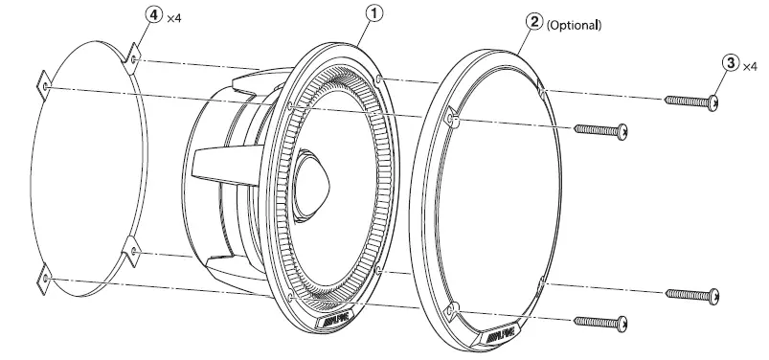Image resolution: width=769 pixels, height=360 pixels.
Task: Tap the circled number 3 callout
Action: point(731,64)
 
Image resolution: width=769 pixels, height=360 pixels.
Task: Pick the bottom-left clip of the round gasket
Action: point(44,280)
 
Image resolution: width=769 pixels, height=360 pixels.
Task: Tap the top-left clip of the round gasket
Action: point(43,85)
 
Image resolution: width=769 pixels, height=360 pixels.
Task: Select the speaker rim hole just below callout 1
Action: point(380,77)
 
